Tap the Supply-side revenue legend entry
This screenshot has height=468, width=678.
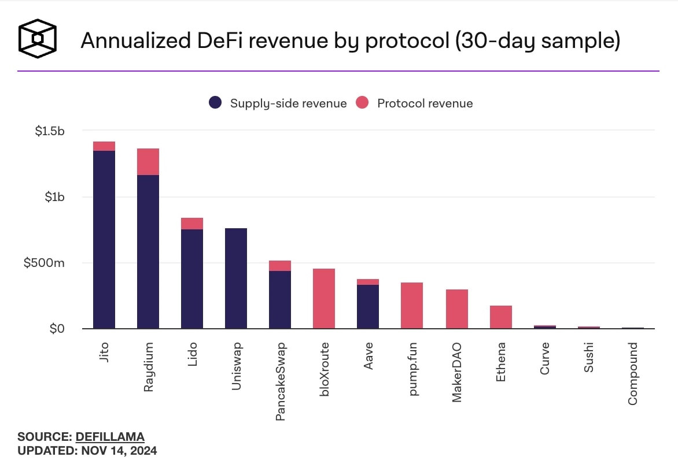[278, 103]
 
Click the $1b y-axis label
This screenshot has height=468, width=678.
[55, 197]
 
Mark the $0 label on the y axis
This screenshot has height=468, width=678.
[57, 329]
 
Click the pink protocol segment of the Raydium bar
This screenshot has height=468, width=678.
[148, 162]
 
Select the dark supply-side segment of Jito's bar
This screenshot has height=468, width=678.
[104, 239]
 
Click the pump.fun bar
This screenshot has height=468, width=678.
[412, 306]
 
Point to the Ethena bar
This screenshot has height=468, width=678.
[501, 317]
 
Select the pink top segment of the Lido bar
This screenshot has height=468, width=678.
[192, 224]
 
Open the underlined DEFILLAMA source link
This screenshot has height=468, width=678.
[110, 437]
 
